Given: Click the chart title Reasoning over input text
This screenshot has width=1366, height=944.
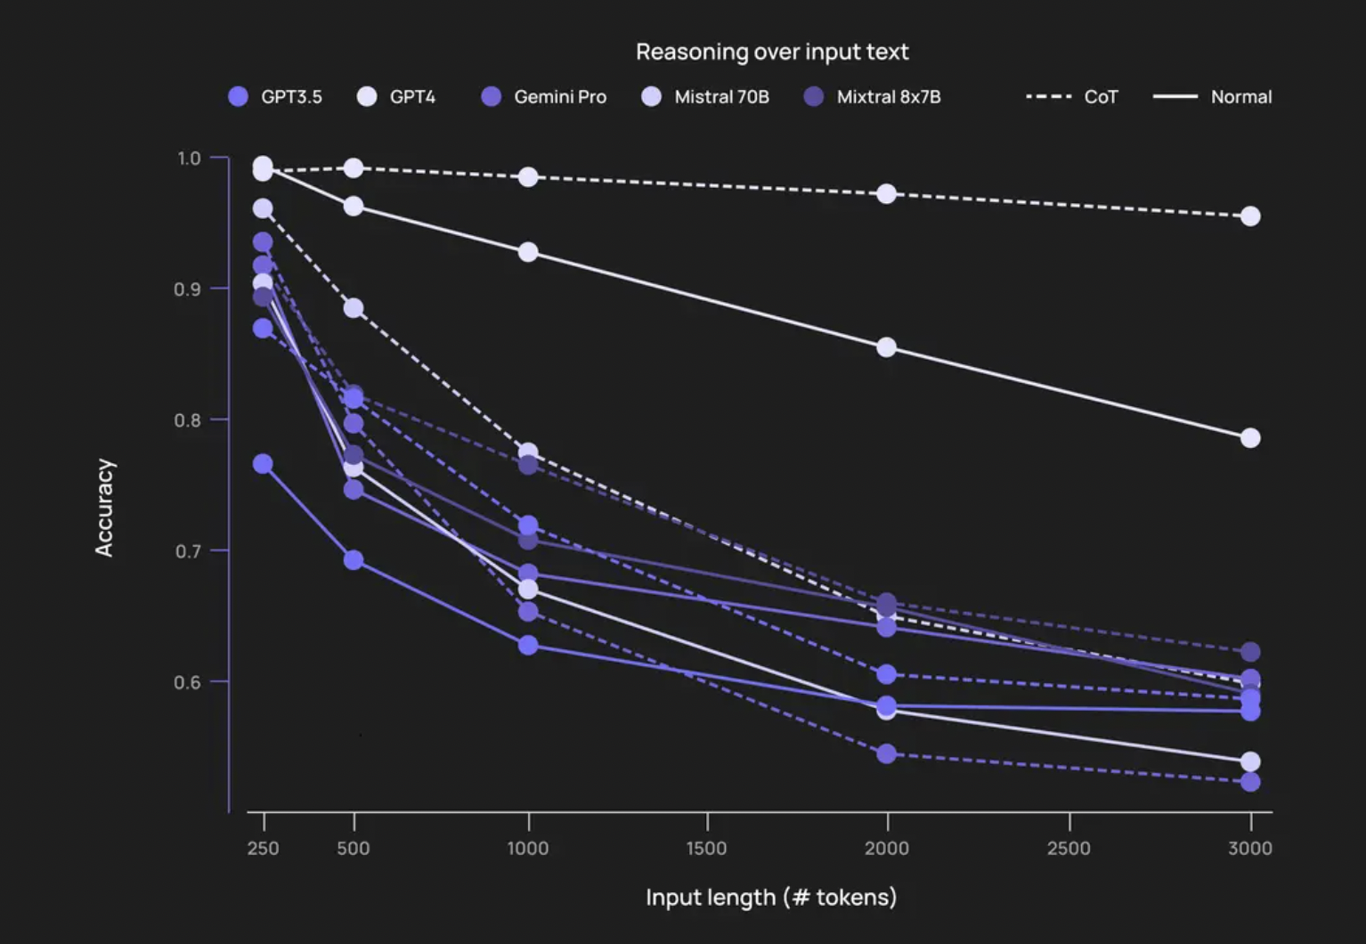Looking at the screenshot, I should (x=772, y=52).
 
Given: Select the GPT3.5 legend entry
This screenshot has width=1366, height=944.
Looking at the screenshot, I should (x=275, y=96).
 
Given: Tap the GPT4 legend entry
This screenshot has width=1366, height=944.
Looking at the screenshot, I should (x=397, y=96).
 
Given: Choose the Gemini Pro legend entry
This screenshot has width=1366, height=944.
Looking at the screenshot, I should (x=544, y=96).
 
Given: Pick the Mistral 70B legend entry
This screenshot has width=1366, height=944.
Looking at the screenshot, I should (x=705, y=96).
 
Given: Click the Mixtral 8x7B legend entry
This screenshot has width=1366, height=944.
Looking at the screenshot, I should (x=873, y=96).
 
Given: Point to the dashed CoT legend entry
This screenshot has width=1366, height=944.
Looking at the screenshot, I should (x=1072, y=96).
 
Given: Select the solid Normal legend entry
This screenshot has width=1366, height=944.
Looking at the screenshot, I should (x=1213, y=96).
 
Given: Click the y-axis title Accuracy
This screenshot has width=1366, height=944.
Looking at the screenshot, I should (x=104, y=508).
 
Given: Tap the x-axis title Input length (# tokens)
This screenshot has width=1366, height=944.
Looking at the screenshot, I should (x=771, y=897).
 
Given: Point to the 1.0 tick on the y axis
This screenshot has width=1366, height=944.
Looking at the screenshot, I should (x=189, y=159).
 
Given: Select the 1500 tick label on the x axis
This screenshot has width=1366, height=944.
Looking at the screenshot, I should (x=707, y=848).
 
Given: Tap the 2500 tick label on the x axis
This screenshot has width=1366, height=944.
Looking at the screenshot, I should (x=1069, y=848).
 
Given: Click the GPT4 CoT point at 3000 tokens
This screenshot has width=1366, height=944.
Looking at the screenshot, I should (x=1250, y=216).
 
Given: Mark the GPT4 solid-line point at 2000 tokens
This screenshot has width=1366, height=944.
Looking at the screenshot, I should (x=886, y=347).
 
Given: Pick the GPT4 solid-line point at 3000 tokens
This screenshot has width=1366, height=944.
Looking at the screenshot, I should (x=1250, y=438).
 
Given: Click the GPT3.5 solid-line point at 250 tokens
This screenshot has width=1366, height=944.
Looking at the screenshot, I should (x=263, y=464).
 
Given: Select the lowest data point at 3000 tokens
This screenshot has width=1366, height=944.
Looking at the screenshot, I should (x=1250, y=782).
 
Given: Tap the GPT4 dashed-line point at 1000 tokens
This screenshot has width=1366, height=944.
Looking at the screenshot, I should (x=528, y=177).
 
